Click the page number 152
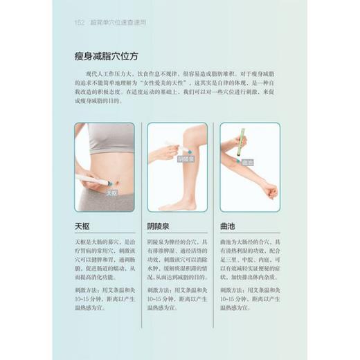pos(78,22)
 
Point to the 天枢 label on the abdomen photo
pos(112,195)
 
